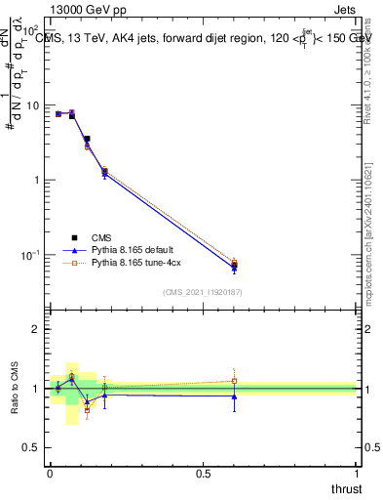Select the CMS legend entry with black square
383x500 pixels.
pos(102,237)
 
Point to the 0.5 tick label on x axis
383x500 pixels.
pos(203,473)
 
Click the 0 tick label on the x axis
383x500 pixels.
pos(50,473)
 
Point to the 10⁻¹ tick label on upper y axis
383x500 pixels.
pos(29,255)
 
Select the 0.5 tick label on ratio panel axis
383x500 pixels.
pos(31,448)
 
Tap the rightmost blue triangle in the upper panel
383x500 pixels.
pos(234,268)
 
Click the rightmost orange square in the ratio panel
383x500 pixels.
pos(234,381)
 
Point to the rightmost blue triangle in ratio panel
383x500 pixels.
pos(234,396)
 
